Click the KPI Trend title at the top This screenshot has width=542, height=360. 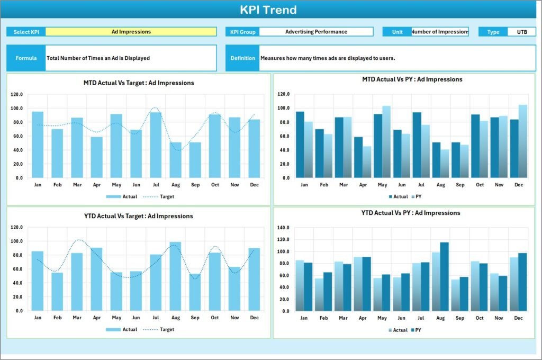[268, 10]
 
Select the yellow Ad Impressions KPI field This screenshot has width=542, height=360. [131, 32]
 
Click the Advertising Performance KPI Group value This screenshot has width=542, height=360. [316, 32]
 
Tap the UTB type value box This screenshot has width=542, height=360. [521, 32]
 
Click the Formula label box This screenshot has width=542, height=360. [26, 58]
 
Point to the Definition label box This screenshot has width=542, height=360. [242, 58]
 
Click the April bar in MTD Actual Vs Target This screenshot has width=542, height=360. [96, 157]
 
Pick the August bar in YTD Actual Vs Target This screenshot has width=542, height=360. [175, 276]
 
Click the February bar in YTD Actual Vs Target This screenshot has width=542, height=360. [57, 292]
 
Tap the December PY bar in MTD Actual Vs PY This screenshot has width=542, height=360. [523, 141]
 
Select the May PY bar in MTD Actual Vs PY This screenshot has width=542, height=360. [386, 142]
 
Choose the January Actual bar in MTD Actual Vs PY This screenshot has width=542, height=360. [300, 145]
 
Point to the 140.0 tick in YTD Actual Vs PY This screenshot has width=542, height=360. [283, 228]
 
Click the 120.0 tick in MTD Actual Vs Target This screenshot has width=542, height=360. [16, 94]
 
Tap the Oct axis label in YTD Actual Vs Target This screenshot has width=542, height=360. [215, 318]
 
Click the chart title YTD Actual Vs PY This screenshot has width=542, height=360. [403, 213]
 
